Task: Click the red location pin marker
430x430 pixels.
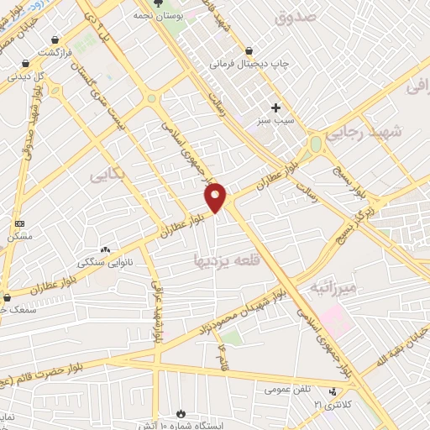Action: pos(216,197)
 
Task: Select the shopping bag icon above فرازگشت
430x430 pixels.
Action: pos(55,39)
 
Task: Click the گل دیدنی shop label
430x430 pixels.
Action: pos(26,76)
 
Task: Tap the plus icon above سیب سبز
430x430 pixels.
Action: pos(275,107)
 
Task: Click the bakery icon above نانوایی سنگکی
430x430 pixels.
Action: pos(106,249)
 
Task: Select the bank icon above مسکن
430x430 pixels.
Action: pos(20,223)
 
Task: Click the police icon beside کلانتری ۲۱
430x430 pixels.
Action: pos(333,392)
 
